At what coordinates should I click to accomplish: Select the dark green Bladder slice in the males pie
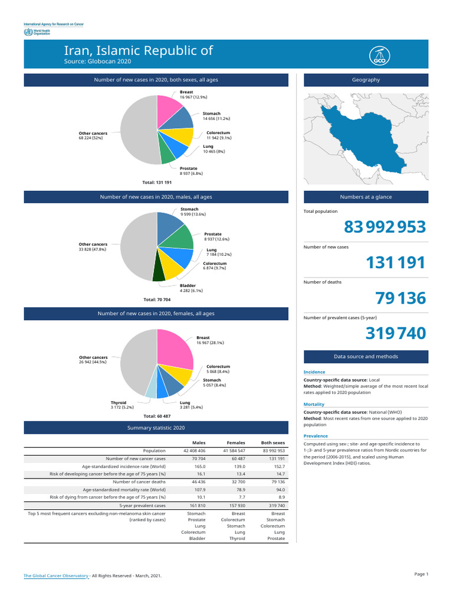(159, 274)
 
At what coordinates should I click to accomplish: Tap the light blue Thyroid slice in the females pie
(152, 388)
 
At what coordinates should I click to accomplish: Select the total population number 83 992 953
(385, 227)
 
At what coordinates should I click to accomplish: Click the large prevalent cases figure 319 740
(395, 334)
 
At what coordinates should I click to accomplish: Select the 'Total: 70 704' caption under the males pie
(157, 300)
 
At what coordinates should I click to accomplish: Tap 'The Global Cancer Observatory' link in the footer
(56, 575)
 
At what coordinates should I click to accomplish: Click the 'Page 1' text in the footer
(421, 574)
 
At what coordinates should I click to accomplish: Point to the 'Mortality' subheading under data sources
(314, 404)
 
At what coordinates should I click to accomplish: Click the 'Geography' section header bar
(366, 80)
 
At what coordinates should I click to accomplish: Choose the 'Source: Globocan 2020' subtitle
(97, 61)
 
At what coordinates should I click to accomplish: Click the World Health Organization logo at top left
(36, 32)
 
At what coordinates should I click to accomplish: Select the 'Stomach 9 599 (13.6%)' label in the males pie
(193, 212)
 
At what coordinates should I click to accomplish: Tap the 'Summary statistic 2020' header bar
(156, 427)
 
